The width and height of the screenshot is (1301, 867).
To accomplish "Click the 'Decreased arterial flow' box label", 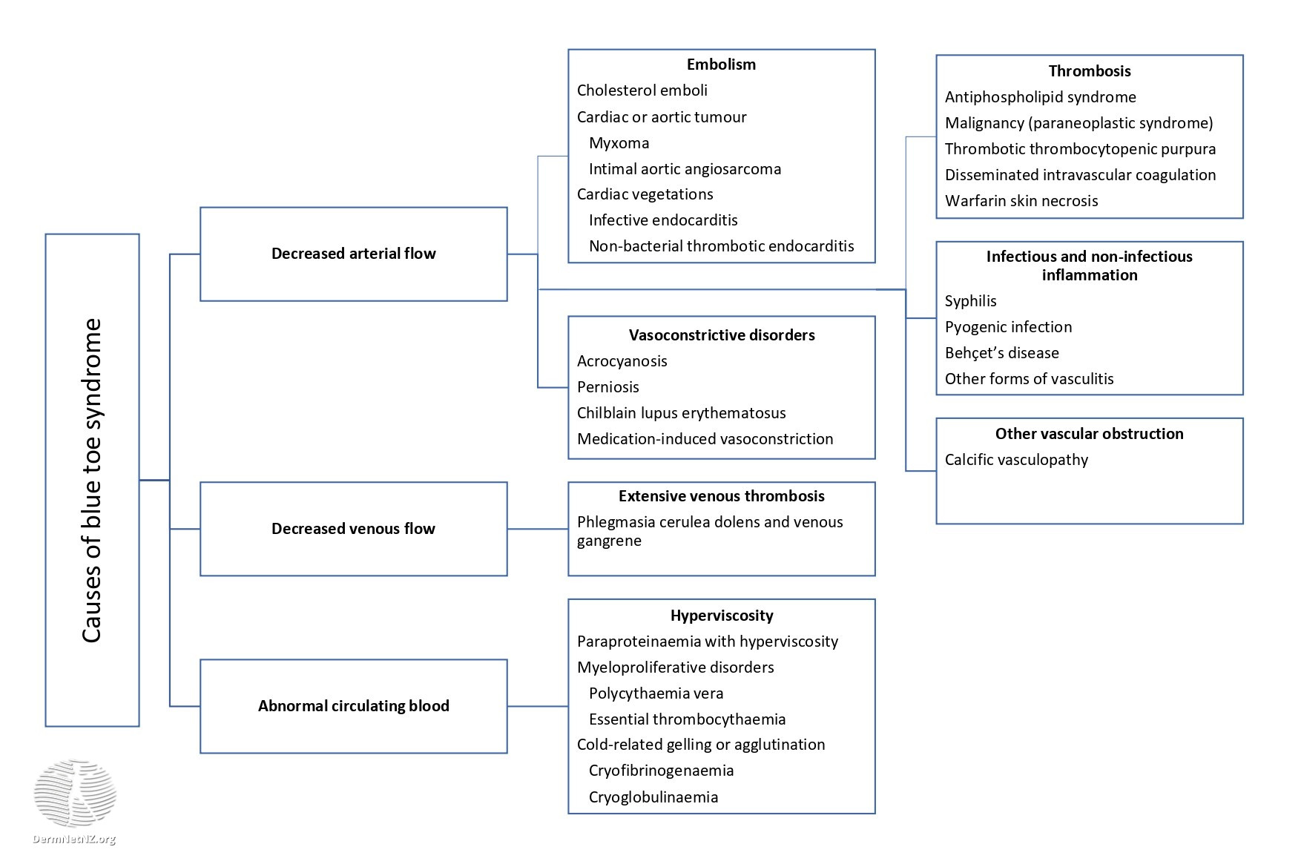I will (x=353, y=254).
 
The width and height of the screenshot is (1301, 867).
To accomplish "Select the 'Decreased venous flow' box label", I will (x=353, y=529).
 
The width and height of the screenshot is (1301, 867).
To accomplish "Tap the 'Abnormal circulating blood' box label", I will (x=353, y=706).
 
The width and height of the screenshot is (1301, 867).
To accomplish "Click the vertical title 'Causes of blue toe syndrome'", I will (x=92, y=481).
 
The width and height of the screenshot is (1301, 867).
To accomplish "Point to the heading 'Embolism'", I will (x=721, y=65).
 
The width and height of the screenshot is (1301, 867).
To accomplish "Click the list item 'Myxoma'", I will (x=619, y=143).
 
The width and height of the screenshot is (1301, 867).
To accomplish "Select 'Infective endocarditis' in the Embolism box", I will (x=663, y=220).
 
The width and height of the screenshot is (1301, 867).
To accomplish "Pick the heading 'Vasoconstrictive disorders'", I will (x=721, y=335).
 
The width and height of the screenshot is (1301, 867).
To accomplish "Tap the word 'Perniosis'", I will (x=607, y=387).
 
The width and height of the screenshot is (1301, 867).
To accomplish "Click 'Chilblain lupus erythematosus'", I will (x=681, y=413).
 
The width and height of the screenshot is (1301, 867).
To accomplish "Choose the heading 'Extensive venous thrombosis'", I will (x=721, y=496).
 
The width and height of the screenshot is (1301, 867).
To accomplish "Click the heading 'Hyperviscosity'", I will (x=721, y=616).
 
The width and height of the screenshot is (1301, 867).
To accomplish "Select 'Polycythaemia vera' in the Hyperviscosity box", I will (x=656, y=693).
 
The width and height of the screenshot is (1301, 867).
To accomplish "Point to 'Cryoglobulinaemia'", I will (x=653, y=797).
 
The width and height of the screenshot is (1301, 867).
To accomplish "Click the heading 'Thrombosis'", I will (x=1089, y=71).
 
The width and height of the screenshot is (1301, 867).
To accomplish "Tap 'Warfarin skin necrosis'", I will (x=1021, y=201).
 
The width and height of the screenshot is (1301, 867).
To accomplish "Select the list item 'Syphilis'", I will (x=970, y=301).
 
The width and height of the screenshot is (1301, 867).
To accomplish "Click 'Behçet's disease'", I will (x=1001, y=353).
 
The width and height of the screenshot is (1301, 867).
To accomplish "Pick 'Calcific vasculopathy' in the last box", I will (x=1016, y=460).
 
